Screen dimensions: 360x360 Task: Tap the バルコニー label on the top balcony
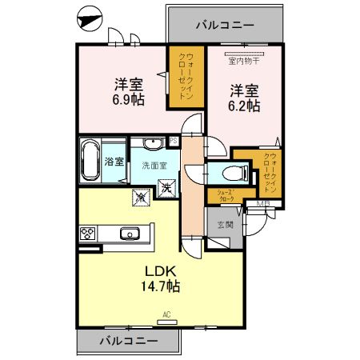click(x=225, y=25)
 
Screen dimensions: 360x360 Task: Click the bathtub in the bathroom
click(x=90, y=161)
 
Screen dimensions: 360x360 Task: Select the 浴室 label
click(x=114, y=161)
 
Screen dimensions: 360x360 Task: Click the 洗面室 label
click(x=154, y=166)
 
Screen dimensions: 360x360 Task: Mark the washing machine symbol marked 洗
click(x=168, y=189)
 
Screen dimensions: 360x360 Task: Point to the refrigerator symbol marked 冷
click(x=138, y=194)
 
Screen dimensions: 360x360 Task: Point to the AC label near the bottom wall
click(x=167, y=314)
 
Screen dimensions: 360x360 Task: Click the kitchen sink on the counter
click(x=130, y=234)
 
